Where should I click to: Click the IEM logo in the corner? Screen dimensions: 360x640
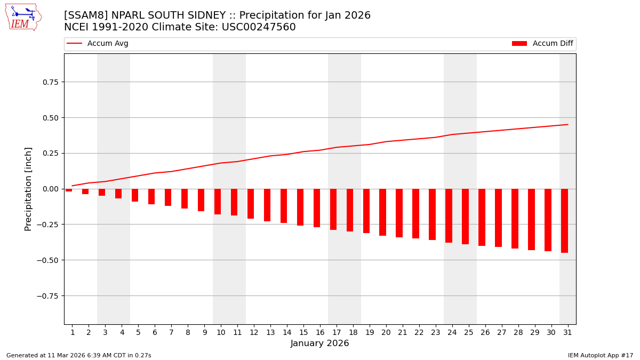click(23, 17)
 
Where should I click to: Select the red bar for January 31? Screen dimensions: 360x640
click(564, 221)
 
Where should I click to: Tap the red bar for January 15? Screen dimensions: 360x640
click(300, 207)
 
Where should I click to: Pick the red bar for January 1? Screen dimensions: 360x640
click(69, 190)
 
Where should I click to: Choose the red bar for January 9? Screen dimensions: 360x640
click(201, 200)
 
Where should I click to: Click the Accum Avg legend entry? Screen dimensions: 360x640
click(98, 44)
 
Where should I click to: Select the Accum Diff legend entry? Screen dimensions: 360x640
click(542, 44)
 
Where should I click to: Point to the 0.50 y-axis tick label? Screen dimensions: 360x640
click(50, 117)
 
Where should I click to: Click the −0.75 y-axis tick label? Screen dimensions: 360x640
click(48, 296)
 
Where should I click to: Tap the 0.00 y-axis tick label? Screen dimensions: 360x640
click(50, 189)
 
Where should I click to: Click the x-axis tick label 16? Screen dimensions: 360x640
click(319, 333)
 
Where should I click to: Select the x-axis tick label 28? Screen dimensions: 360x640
click(518, 333)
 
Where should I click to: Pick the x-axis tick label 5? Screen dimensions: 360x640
click(138, 333)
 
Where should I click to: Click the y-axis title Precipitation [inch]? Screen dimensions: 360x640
click(29, 189)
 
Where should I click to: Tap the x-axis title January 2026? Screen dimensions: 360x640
click(320, 344)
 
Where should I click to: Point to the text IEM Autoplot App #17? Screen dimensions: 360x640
click(600, 356)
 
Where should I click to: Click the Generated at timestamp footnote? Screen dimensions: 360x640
click(79, 356)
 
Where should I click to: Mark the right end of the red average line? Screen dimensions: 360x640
click(567, 125)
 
